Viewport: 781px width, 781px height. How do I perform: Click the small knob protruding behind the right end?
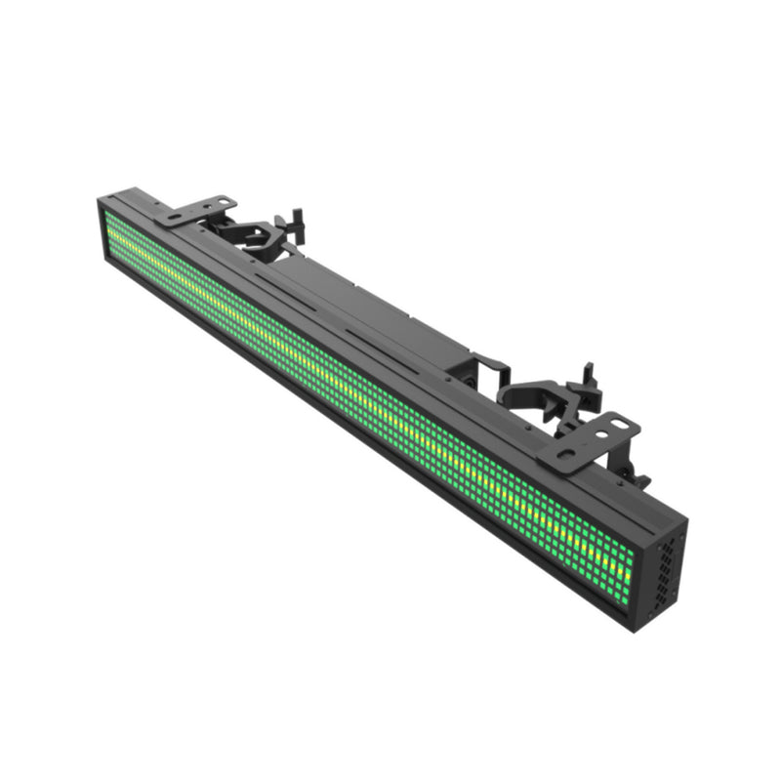(640, 480)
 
